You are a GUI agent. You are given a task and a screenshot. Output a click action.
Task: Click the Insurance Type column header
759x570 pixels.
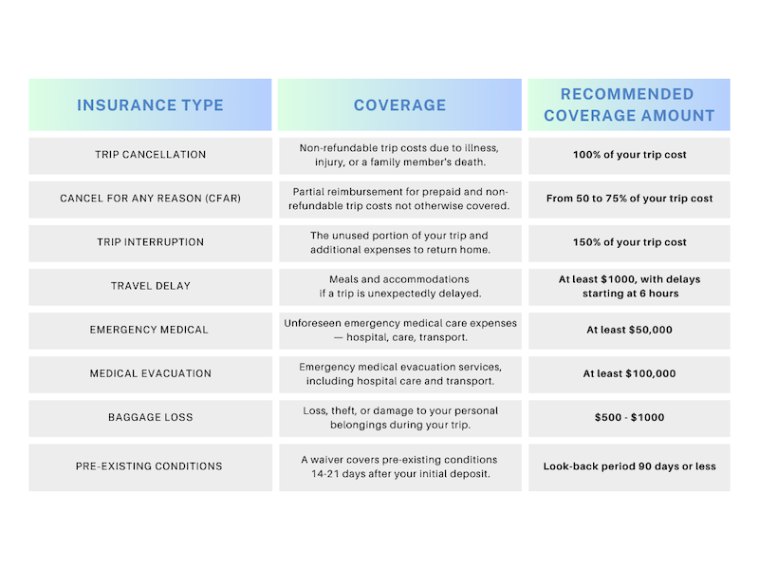[150, 104]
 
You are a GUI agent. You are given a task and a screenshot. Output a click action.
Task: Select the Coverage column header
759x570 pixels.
[399, 104]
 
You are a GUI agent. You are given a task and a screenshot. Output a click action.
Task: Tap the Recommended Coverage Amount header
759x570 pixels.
[629, 104]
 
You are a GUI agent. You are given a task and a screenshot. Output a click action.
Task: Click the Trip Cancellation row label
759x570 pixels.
[150, 155]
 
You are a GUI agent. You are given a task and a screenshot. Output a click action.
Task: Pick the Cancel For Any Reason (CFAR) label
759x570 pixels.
[150, 199]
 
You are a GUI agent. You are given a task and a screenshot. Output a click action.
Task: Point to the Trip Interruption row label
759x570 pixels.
[150, 242]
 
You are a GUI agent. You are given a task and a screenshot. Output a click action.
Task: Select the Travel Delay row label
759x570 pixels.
[150, 286]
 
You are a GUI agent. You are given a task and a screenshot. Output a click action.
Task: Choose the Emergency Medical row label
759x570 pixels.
[150, 330]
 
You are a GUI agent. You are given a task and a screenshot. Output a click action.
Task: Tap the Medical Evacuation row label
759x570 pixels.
[150, 373]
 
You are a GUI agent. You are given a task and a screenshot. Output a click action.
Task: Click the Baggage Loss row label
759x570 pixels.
[150, 417]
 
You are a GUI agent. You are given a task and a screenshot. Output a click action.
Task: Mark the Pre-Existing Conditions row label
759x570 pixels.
[150, 466]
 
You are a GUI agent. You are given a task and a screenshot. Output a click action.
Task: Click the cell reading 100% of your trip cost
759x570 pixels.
[629, 155]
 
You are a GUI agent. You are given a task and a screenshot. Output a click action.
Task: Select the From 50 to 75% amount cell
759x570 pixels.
[629, 199]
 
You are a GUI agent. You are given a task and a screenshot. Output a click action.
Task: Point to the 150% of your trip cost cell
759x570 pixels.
[629, 242]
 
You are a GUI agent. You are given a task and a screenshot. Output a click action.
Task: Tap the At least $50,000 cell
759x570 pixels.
[629, 330]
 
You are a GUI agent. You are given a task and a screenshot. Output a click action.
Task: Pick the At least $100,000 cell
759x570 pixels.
[629, 373]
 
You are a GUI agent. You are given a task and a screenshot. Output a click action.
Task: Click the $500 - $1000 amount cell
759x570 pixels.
[629, 417]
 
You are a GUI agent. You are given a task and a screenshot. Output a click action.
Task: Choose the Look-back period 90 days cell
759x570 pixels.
[629, 466]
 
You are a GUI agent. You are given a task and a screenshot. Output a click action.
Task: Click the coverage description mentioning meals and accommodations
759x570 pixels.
[399, 286]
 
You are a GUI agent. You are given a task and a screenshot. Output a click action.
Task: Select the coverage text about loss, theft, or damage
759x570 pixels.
[399, 417]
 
